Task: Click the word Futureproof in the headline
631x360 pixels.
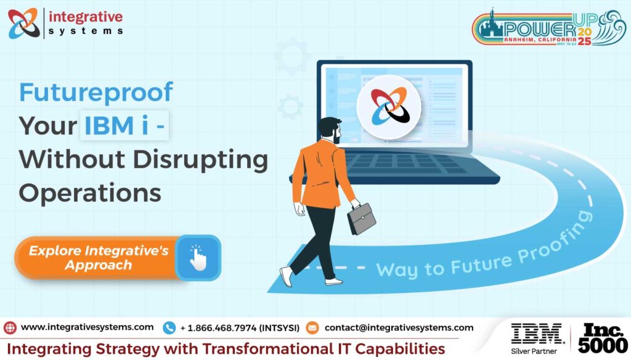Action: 96,93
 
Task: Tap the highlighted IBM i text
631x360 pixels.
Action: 124,125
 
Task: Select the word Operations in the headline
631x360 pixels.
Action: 90,194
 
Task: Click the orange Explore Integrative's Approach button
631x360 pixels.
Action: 98,258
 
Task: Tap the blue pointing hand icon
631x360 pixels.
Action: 198,258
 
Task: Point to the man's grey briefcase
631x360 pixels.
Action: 361,218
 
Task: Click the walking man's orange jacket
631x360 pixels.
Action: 320,173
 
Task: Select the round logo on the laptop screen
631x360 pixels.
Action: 389,107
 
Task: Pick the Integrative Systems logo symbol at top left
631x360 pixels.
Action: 24,23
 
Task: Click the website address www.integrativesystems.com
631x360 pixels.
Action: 87,327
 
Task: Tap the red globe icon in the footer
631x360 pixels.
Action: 10,328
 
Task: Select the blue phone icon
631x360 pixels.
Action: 169,328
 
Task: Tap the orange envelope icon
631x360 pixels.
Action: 312,328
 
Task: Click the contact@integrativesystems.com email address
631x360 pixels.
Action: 399,328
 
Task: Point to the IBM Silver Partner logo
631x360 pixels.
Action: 537,338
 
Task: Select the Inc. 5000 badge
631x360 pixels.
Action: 603,338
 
